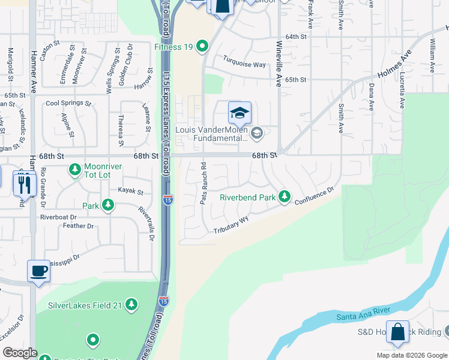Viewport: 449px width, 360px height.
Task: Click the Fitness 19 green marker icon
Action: (x=202, y=46)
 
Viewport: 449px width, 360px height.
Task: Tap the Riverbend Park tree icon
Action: (x=285, y=197)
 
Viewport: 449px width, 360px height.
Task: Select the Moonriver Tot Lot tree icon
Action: (x=75, y=170)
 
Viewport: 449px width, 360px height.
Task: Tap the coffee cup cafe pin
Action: (x=39, y=271)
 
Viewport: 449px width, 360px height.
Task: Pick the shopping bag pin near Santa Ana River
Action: (x=397, y=333)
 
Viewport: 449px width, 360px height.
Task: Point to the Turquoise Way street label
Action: (x=244, y=62)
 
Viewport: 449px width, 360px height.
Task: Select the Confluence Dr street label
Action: (x=314, y=196)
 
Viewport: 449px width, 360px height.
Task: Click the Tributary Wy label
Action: (x=231, y=225)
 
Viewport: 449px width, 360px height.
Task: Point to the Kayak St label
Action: (x=132, y=192)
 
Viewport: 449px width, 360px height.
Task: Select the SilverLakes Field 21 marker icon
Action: (x=133, y=305)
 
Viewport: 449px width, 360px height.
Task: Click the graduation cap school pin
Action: (x=240, y=113)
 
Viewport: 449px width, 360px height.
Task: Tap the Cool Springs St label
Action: (x=68, y=103)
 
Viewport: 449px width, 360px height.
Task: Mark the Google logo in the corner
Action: (x=20, y=353)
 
